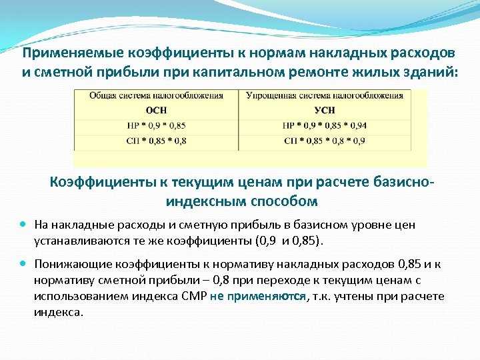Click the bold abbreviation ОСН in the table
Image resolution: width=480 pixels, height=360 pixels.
156,110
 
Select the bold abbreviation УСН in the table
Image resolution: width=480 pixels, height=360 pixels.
325,110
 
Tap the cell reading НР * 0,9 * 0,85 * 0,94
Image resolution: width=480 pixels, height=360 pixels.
325,125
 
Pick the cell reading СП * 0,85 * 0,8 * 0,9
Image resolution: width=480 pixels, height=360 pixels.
325,141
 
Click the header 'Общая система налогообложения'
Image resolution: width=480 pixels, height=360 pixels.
156,96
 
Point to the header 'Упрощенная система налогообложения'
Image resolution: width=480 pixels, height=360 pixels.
325,96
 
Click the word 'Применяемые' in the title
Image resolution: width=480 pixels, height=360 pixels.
73,53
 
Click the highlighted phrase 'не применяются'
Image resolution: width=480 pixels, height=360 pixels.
258,296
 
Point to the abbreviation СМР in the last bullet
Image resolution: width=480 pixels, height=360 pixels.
194,296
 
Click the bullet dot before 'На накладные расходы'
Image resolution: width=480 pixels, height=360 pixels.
23,224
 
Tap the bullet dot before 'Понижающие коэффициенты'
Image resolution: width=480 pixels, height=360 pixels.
23,263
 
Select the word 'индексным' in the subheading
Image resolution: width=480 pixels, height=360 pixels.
206,201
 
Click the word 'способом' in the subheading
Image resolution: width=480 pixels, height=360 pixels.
284,201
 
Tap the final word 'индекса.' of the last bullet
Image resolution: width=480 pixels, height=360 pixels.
59,313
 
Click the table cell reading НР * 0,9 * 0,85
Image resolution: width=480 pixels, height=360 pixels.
156,125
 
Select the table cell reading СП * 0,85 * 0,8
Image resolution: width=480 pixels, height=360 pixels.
156,141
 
